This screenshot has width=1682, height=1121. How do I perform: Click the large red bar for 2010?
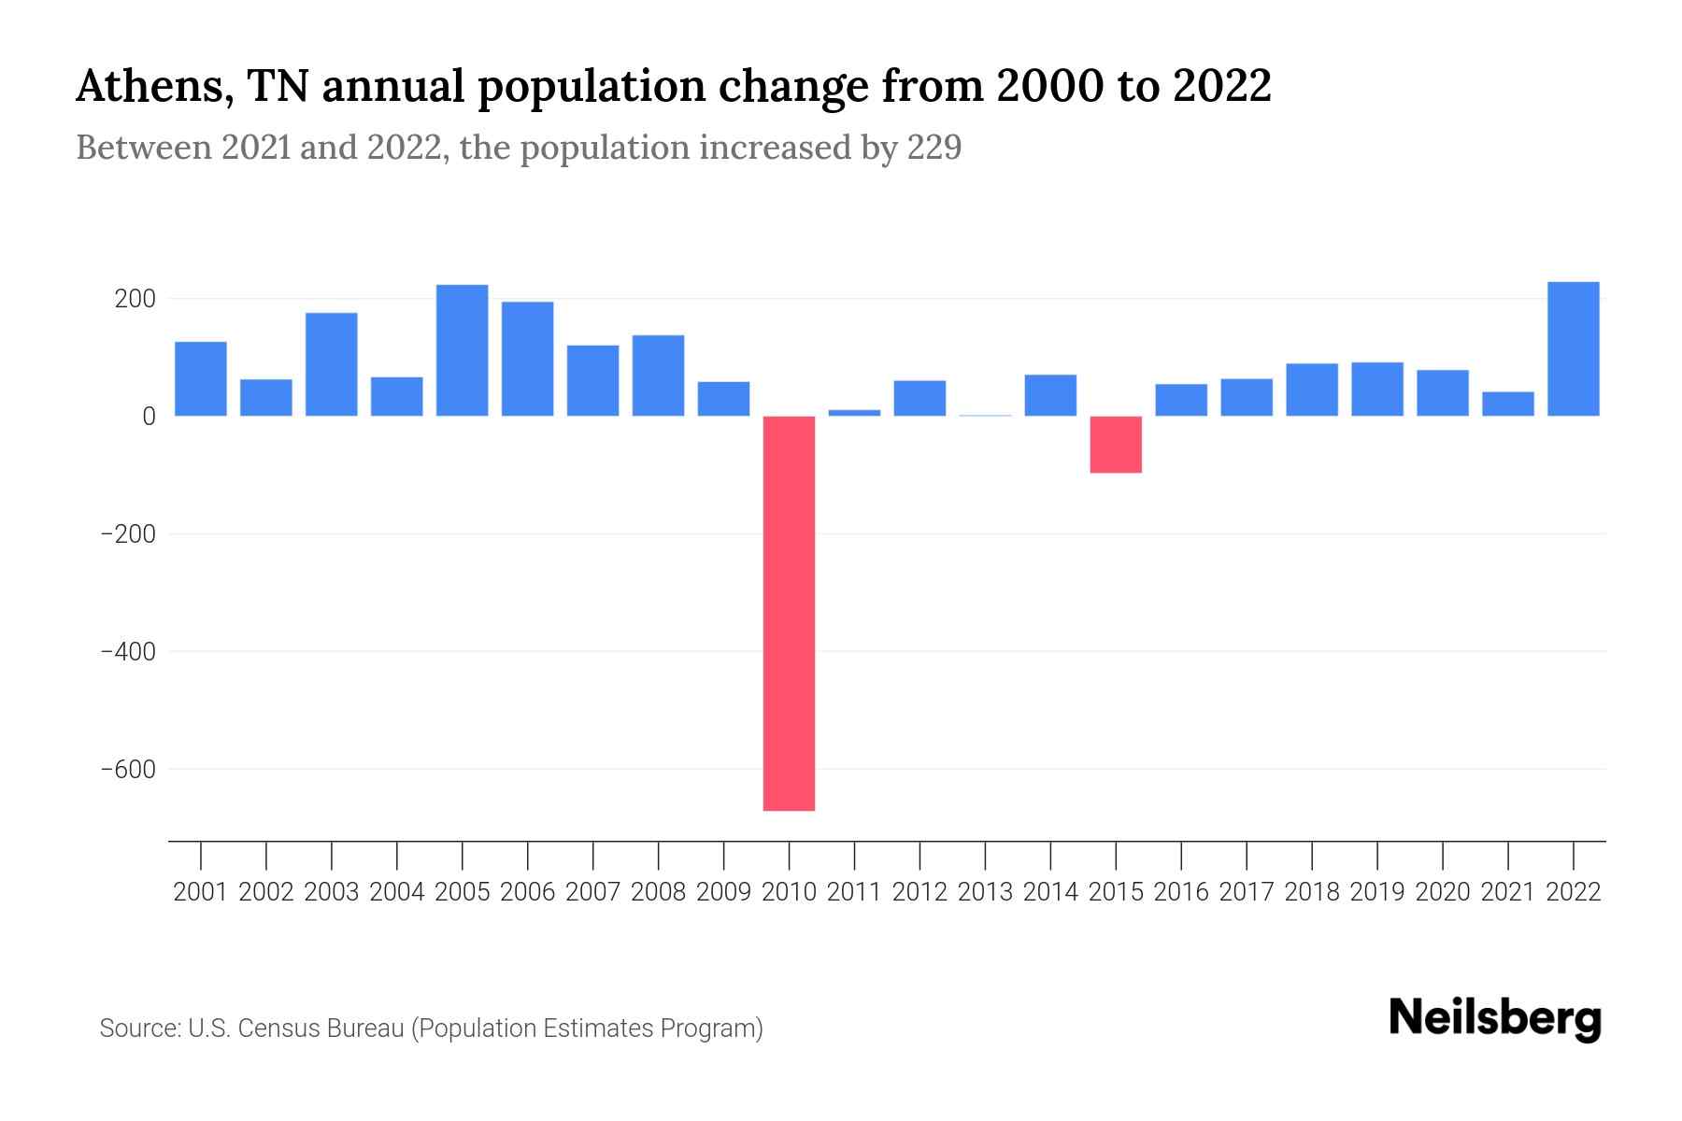[789, 613]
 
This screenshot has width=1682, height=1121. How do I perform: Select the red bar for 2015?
[1116, 445]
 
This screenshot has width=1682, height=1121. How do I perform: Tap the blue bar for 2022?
[1574, 348]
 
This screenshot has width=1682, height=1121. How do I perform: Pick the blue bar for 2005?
[463, 350]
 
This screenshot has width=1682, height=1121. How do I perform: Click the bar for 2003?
[332, 364]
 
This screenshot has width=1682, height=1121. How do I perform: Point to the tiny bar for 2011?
[854, 412]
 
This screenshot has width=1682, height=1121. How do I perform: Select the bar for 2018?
[1312, 390]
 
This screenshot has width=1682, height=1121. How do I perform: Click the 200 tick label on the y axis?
[135, 299]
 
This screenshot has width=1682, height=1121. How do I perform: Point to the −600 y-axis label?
[128, 770]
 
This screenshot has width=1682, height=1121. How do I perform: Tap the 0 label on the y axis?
[149, 417]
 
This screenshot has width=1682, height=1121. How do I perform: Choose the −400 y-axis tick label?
[128, 652]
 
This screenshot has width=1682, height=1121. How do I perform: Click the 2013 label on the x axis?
[985, 892]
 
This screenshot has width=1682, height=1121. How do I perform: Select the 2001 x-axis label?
[201, 892]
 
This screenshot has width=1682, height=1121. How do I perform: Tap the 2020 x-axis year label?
[1443, 892]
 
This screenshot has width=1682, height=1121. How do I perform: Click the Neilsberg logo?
[1495, 1018]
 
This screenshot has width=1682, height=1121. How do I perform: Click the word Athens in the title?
[146, 87]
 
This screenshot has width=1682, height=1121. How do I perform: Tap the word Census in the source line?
[277, 1029]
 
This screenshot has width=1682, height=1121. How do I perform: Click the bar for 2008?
[658, 376]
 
